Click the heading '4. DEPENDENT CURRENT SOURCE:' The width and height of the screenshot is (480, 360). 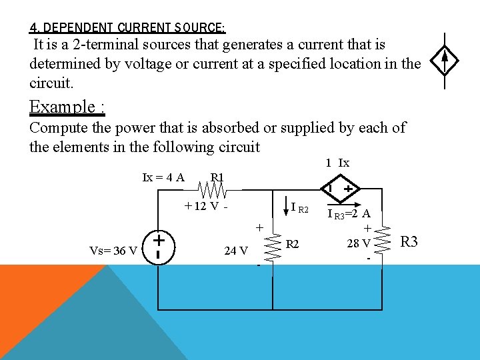click(127, 28)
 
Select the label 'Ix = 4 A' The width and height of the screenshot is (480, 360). click(163, 177)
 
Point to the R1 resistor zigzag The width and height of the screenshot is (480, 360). click(215, 191)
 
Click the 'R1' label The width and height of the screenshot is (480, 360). click(218, 177)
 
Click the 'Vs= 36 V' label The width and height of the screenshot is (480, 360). click(113, 251)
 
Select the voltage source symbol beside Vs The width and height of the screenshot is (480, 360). click(159, 245)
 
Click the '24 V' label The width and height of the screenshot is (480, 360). click(236, 251)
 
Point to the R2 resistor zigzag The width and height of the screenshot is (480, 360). click(273, 246)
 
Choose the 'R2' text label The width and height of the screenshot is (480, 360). click(293, 245)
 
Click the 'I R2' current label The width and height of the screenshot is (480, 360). click(300, 209)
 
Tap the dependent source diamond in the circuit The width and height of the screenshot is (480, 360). click(339, 190)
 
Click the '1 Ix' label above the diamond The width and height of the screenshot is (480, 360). click(337, 163)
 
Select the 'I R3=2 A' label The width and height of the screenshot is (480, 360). click(349, 214)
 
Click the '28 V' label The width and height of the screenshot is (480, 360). click(359, 243)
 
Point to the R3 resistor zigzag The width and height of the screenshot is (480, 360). click(383, 242)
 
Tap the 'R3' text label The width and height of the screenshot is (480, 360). click(409, 241)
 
